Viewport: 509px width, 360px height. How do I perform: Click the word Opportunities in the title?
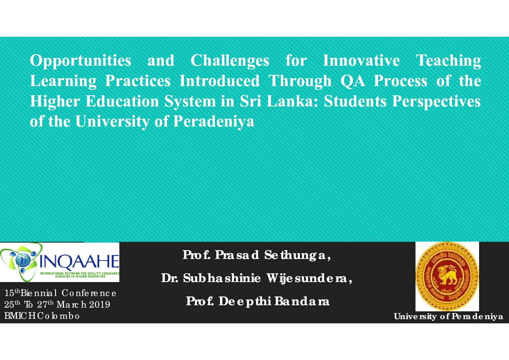click(81, 61)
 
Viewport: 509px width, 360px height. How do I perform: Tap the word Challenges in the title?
click(230, 61)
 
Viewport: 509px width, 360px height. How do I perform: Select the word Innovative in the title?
click(361, 61)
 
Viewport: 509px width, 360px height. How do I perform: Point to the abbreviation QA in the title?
click(353, 81)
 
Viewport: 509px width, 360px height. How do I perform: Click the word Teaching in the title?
click(448, 61)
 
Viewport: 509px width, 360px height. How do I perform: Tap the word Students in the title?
click(355, 101)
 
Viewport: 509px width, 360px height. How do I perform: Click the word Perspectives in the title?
click(436, 101)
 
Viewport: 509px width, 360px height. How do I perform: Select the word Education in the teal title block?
click(122, 101)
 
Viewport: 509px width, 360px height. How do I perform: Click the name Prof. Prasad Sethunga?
click(257, 255)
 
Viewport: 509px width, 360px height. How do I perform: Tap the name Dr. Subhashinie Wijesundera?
click(257, 278)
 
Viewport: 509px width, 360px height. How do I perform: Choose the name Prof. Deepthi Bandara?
click(257, 301)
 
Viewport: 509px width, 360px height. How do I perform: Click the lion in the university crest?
click(447, 276)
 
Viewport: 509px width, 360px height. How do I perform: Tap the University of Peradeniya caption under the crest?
click(448, 316)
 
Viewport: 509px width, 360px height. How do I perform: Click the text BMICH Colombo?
click(42, 316)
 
